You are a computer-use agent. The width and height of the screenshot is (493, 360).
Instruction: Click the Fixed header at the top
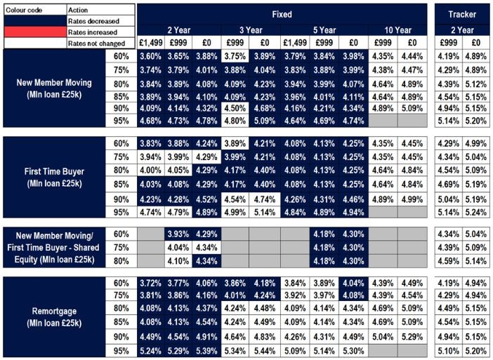tap(282, 14)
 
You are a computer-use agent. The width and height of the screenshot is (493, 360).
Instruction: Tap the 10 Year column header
tap(397, 30)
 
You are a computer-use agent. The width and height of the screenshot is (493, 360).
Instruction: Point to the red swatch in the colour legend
tap(34, 32)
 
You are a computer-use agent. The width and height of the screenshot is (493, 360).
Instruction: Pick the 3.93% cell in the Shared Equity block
tap(178, 234)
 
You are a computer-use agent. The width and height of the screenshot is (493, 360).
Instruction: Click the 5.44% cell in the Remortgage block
tap(264, 350)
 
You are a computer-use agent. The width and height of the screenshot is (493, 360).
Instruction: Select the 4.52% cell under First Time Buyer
tap(206, 199)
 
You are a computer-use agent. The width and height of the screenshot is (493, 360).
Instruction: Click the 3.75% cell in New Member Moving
tap(235, 56)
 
